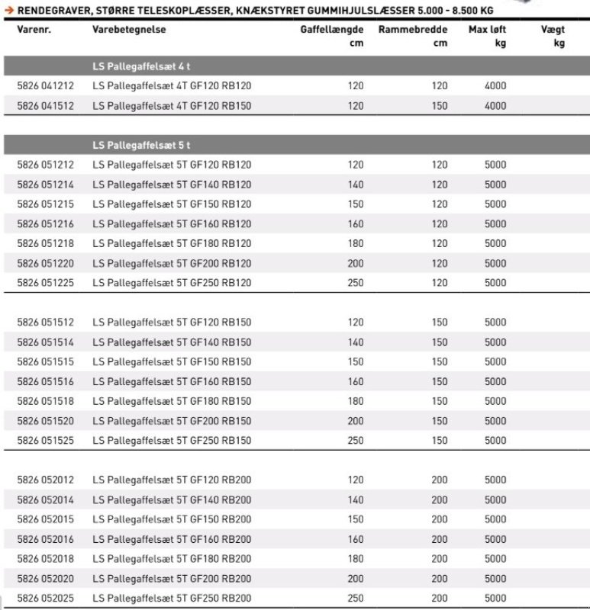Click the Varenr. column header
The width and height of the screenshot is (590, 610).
[x=33, y=29]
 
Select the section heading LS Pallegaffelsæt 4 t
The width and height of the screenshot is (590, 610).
[x=141, y=66]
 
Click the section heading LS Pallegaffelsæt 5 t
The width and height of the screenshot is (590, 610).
[x=141, y=145]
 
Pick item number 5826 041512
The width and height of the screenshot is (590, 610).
[x=45, y=106]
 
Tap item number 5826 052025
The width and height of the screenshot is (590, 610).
[x=45, y=599]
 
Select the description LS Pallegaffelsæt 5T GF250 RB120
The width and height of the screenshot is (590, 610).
[x=171, y=283]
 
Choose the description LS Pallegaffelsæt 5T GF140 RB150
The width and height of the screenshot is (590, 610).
[x=171, y=342]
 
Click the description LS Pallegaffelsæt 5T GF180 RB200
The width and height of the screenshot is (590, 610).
[x=171, y=559]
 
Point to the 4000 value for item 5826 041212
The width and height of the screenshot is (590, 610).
[x=495, y=86]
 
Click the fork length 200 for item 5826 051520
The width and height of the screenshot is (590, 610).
[x=356, y=421]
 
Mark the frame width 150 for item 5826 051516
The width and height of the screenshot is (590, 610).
[x=440, y=381]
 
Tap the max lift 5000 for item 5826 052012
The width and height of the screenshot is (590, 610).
[x=495, y=480]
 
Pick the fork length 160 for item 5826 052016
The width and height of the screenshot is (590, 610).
[x=356, y=539]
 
